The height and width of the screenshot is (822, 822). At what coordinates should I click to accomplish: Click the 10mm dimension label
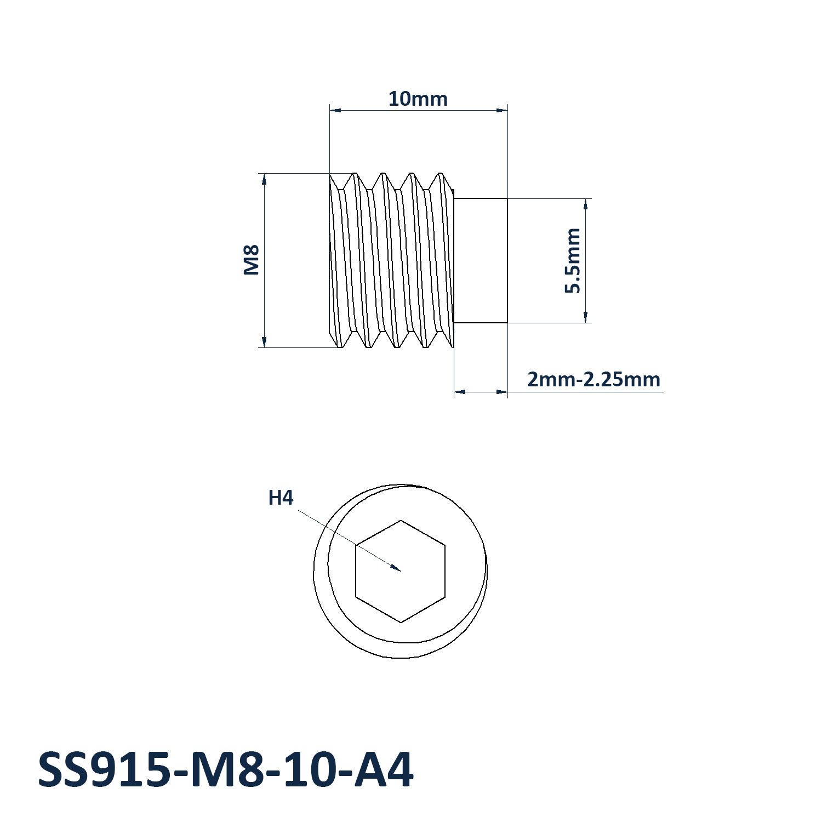pos(418,99)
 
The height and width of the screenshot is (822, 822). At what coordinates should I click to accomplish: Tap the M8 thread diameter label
pos(251,260)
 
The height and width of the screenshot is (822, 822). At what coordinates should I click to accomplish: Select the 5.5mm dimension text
pos(572,261)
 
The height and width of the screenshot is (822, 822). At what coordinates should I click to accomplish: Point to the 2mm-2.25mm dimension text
pos(593,379)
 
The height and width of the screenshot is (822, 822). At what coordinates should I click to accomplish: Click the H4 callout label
pos(281,498)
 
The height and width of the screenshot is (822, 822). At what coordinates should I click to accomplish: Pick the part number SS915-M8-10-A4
pos(225,770)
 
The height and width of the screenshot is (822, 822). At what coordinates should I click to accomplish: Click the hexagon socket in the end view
pos(401,571)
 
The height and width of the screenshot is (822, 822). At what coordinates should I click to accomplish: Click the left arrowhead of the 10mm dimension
pos(336,111)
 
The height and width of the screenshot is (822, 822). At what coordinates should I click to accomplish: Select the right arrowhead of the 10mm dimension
pos(501,111)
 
